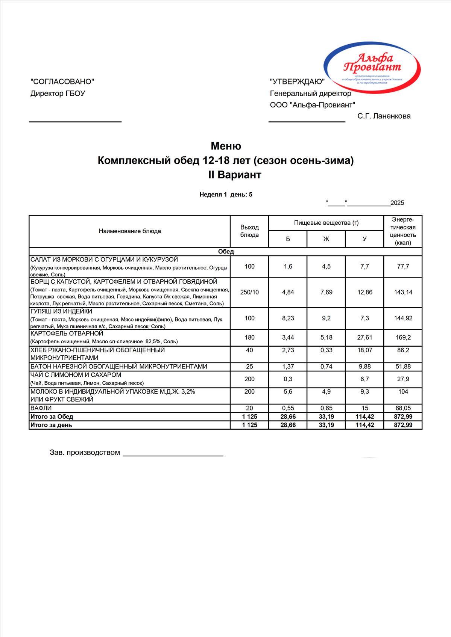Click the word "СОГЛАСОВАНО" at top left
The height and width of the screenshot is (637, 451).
[62, 82]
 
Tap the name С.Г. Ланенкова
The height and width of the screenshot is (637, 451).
[384, 116]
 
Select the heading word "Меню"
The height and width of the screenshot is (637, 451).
[226, 146]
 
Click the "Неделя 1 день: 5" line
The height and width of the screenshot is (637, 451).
[226, 195]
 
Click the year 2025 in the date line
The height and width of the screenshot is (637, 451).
[397, 203]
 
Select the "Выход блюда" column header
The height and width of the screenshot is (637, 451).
[249, 231]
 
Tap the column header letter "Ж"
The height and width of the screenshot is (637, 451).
[326, 239]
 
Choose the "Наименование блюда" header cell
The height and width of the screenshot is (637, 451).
[130, 231]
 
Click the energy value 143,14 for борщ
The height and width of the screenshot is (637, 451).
[403, 292]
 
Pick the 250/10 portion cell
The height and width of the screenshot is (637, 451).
[249, 292]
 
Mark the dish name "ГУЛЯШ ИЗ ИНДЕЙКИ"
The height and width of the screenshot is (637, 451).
[61, 311]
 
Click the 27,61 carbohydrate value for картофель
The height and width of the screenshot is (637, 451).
[364, 337]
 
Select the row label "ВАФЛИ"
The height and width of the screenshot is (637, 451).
[41, 408]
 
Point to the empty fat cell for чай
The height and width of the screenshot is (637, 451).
[326, 379]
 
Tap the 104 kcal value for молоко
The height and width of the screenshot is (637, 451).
[403, 391]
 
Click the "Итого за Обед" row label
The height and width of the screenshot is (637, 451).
[52, 417]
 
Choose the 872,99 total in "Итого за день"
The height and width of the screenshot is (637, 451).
[403, 425]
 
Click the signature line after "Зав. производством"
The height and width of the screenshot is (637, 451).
[173, 455]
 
